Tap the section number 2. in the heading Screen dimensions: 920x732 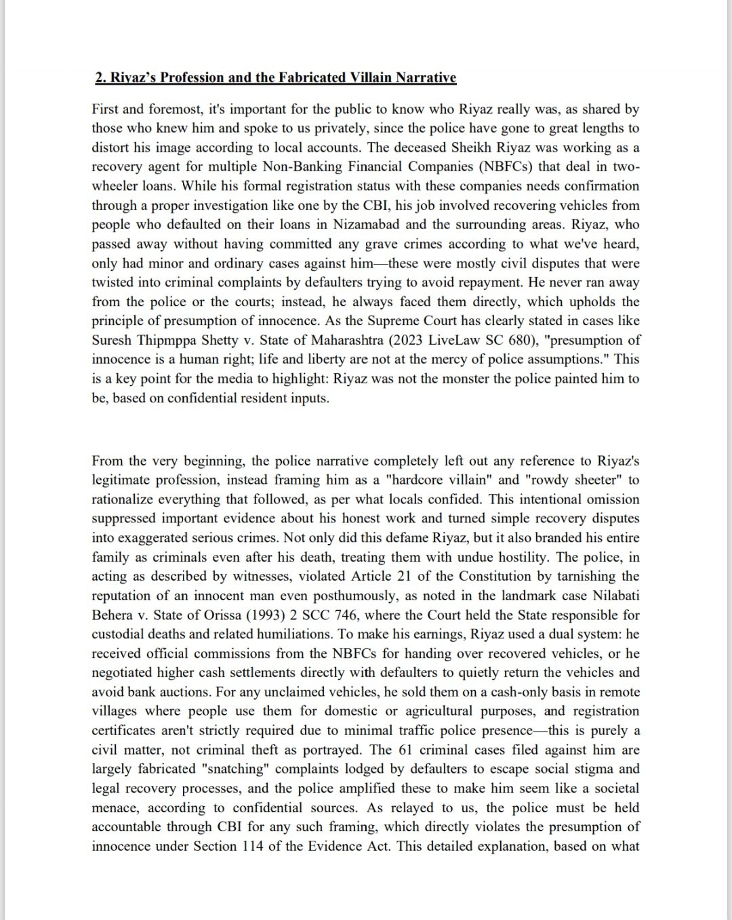102,77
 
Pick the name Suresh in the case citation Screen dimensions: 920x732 113,340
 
